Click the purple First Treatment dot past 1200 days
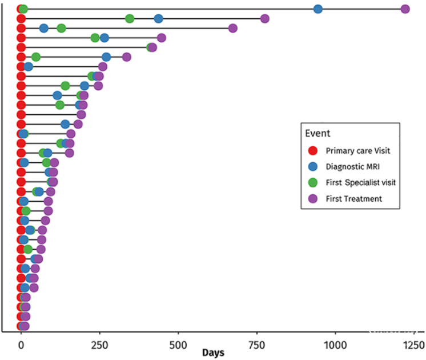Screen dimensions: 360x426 click(x=405, y=9)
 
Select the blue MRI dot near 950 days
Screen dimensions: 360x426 click(x=318, y=9)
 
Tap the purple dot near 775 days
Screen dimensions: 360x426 click(x=264, y=19)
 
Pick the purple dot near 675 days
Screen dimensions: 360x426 click(x=232, y=28)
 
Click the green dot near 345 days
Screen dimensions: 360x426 click(x=130, y=19)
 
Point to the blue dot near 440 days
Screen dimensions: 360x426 click(x=158, y=19)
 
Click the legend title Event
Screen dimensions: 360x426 click(x=318, y=133)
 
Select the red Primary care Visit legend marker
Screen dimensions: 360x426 click(x=312, y=151)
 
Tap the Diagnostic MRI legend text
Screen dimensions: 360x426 click(x=352, y=167)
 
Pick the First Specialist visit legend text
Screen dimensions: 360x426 click(x=361, y=183)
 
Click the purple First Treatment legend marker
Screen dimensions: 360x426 click(x=312, y=199)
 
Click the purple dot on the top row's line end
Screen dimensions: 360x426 click(x=405, y=9)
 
